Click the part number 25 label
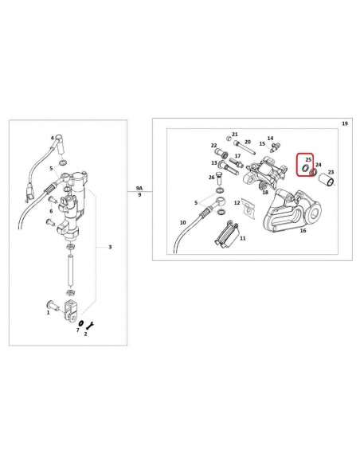pos(308,159)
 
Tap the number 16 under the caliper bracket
pos(303,230)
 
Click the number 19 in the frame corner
pos(345,123)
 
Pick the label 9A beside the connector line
pos(139,188)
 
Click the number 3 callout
pos(110,247)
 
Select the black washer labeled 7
pos(80,322)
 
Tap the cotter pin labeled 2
pos(90,326)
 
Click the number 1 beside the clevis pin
pos(48,312)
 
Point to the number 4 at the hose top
pos(53,138)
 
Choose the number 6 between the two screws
pos(51,211)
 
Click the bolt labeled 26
pos(219,178)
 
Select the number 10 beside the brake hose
pos(182,222)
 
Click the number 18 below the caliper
pos(265,192)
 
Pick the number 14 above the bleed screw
pos(270,139)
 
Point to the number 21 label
pos(235,135)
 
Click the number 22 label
pos(213,145)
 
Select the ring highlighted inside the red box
pos(304,168)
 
